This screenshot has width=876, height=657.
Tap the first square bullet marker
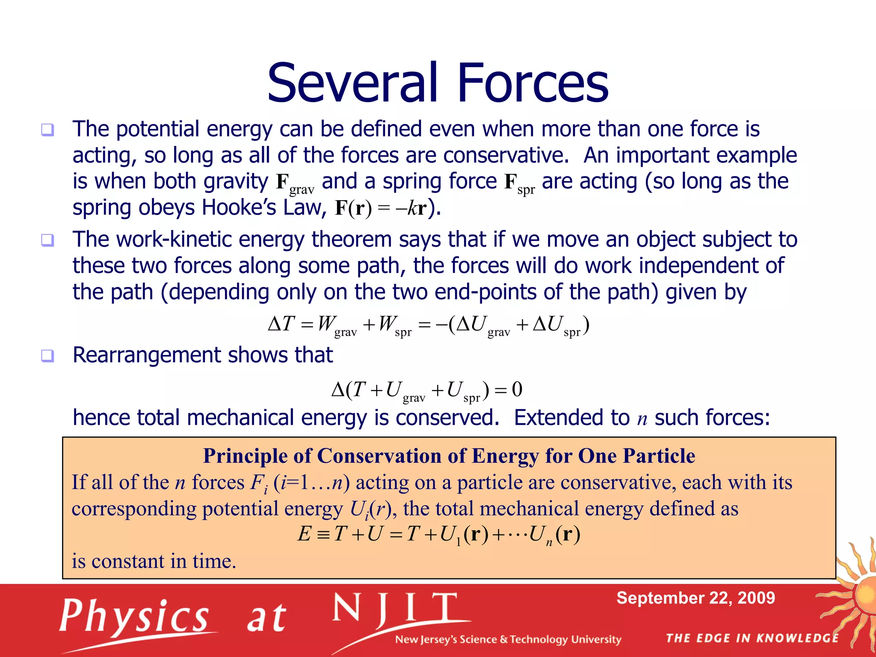(x=47, y=130)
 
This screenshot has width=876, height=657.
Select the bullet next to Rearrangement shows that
(x=47, y=355)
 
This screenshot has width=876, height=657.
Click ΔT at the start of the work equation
(x=281, y=324)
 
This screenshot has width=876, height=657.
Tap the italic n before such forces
(x=642, y=419)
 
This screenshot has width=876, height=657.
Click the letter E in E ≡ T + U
(x=305, y=534)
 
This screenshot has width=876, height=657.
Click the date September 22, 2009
(x=695, y=598)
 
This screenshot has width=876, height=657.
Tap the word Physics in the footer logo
(x=133, y=617)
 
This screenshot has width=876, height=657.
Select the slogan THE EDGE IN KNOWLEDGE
(x=752, y=639)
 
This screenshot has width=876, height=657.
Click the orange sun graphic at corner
(x=860, y=595)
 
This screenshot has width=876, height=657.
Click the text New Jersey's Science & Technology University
(x=508, y=640)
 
